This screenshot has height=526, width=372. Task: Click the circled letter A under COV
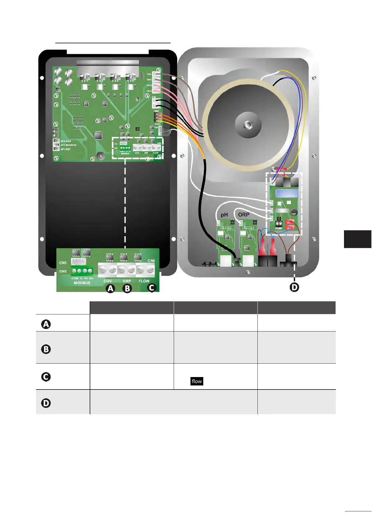[x=110, y=289]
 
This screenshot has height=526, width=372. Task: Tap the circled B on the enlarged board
[x=127, y=289]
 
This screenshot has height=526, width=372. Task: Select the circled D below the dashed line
[x=294, y=287]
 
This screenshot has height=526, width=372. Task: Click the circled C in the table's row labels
[x=46, y=377]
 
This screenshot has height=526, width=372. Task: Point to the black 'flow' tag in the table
[x=197, y=381]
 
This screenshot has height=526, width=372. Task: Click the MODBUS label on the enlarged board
[x=82, y=283]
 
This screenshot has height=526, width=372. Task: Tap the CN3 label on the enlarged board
[x=63, y=263]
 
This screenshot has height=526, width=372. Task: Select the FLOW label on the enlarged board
[x=144, y=281]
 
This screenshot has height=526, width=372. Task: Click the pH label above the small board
[x=224, y=215]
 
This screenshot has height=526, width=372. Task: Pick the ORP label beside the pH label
[x=243, y=215]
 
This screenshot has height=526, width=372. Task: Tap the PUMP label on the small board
[x=279, y=228]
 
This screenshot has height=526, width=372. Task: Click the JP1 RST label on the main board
[x=66, y=149]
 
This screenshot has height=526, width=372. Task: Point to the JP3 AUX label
[x=66, y=141]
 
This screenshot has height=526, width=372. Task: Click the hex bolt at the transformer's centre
[x=248, y=125]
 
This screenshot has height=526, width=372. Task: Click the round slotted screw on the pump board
[x=294, y=213]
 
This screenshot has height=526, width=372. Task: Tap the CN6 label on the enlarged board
[x=151, y=261]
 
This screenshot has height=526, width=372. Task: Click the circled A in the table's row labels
[x=46, y=324]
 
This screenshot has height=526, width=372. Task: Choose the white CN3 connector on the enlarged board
[x=78, y=261]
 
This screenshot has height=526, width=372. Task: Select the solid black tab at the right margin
[x=358, y=239]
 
